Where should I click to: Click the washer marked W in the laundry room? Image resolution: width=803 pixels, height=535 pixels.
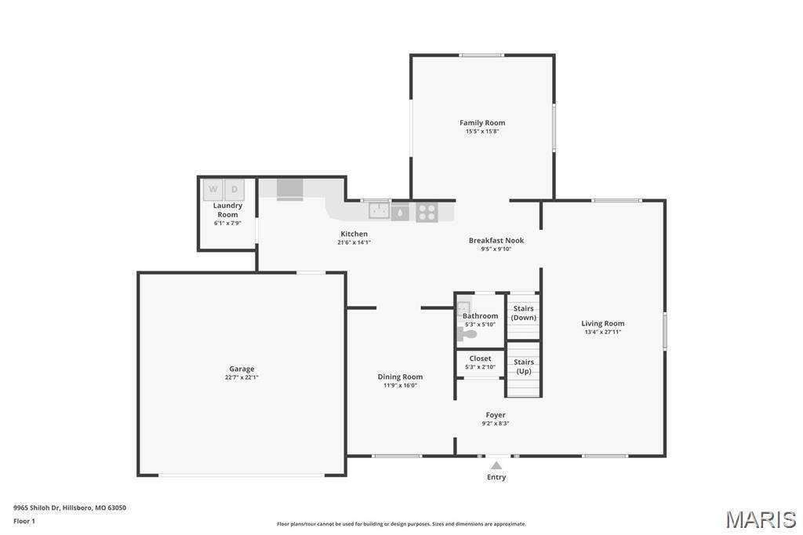click(213, 190)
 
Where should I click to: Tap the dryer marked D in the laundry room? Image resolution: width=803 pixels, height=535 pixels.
click(234, 190)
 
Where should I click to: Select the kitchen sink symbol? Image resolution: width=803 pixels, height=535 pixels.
click(379, 210)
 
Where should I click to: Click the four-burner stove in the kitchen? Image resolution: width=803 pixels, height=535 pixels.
click(427, 212)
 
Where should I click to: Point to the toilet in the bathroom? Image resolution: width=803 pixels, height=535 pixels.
click(467, 335)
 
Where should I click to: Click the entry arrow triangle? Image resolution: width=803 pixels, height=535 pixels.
click(496, 465)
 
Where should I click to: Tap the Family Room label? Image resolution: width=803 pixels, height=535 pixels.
click(482, 122)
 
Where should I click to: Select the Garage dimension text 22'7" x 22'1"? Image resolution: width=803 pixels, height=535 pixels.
click(242, 377)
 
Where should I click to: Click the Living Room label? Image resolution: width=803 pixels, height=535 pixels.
click(603, 323)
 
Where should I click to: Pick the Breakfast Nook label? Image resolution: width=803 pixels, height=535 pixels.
click(496, 240)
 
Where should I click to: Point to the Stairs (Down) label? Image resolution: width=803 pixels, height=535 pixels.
click(523, 313)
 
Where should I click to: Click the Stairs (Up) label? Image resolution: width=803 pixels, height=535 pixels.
click(524, 366)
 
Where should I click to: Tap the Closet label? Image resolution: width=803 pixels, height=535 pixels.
click(481, 358)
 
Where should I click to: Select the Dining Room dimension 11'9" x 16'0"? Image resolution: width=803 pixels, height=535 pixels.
click(401, 385)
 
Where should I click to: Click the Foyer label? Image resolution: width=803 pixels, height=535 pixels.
click(496, 414)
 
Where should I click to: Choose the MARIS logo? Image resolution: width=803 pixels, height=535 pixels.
click(761, 519)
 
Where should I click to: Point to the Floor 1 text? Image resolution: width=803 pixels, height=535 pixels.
click(24, 521)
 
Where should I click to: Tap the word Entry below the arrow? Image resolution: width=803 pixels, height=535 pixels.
click(496, 477)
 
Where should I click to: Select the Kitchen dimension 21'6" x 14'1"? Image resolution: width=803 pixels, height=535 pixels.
click(354, 242)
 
